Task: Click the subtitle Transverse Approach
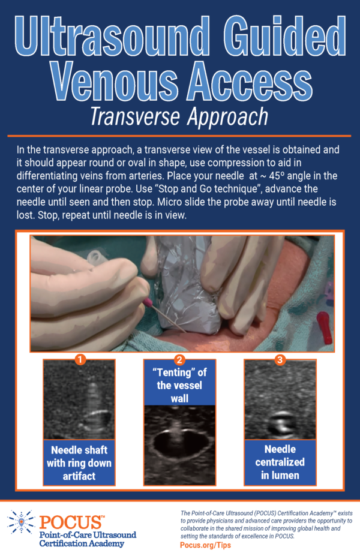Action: (x=179, y=116)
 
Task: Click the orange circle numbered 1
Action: (x=80, y=359)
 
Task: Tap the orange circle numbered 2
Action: (x=179, y=359)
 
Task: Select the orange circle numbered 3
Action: (x=280, y=359)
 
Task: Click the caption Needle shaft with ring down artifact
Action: (x=79, y=463)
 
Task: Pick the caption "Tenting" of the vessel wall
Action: (x=179, y=386)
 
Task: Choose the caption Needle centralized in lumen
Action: (x=280, y=462)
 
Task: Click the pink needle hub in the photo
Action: (x=148, y=303)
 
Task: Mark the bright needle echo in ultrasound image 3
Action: (x=280, y=423)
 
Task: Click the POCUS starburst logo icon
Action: (x=21, y=522)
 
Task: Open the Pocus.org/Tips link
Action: (x=205, y=545)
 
